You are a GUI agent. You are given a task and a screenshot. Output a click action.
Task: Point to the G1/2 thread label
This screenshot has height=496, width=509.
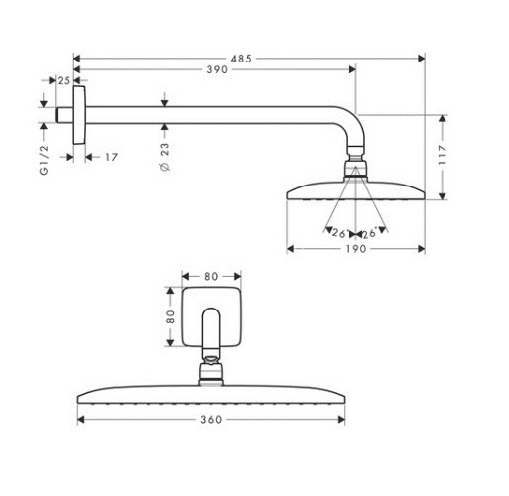tap(44, 159)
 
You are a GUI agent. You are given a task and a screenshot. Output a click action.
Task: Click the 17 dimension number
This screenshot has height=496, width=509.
tap(110, 156)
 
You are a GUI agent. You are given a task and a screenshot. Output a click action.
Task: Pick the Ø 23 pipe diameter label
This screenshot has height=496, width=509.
tap(164, 158)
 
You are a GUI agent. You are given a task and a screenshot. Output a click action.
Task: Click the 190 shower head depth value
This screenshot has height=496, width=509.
tap(356, 249)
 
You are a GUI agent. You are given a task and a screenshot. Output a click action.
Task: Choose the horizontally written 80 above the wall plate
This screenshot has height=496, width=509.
tap(211, 276)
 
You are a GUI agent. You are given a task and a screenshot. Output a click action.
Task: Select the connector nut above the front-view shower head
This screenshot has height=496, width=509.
tap(211, 373)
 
